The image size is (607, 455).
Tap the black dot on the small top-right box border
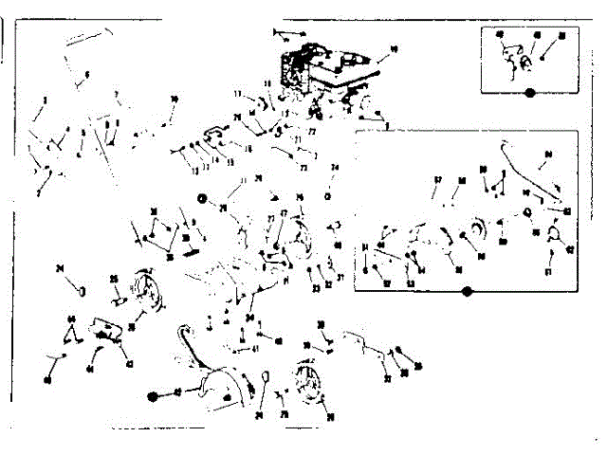pos(530,93)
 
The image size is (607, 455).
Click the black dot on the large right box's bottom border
pos(466,292)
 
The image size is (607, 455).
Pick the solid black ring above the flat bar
pos(202,197)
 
